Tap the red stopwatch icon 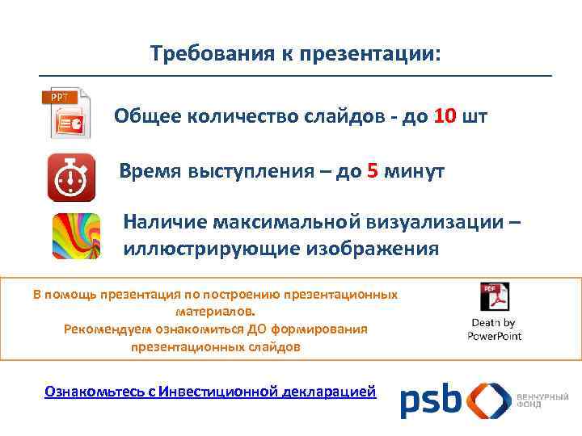[72, 175]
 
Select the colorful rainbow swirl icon [75, 235]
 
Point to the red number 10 [444, 116]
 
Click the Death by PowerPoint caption [494, 329]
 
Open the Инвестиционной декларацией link [268, 392]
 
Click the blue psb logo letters [430, 400]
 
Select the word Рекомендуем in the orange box [103, 329]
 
